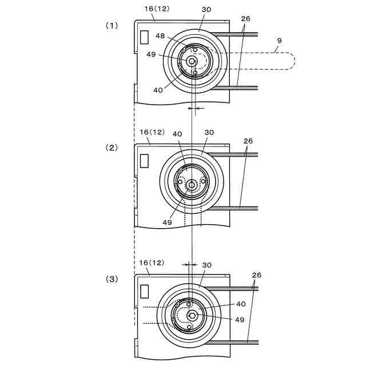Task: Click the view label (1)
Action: point(111,25)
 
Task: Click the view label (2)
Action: point(111,147)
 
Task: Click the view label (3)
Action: point(111,279)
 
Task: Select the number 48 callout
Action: point(161,36)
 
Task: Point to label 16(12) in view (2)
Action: point(152,132)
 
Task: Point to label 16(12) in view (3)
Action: point(152,262)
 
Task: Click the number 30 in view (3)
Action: point(206,265)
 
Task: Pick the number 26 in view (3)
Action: point(256,275)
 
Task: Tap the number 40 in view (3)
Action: point(241,304)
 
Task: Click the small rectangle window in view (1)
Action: point(145,37)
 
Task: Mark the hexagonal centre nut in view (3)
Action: point(193,315)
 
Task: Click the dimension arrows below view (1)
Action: point(194,108)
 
